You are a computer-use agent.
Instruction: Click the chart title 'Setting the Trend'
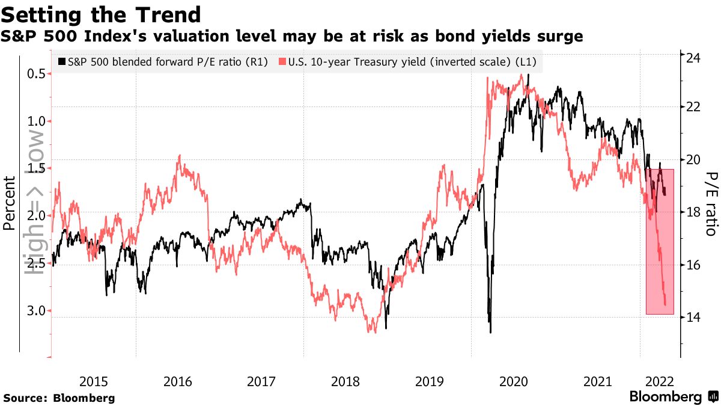point(101,14)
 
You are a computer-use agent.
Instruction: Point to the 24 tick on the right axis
point(694,58)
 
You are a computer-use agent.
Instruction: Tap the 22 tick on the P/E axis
point(694,106)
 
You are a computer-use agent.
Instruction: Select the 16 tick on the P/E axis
point(694,265)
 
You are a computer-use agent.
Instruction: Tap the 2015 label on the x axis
point(94,381)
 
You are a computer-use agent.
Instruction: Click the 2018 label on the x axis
point(345,381)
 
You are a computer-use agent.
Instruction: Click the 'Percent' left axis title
point(10,203)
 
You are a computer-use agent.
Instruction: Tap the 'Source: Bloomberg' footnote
point(59,398)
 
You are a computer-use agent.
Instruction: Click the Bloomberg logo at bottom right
point(673,397)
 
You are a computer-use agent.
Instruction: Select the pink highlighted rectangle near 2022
point(660,241)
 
